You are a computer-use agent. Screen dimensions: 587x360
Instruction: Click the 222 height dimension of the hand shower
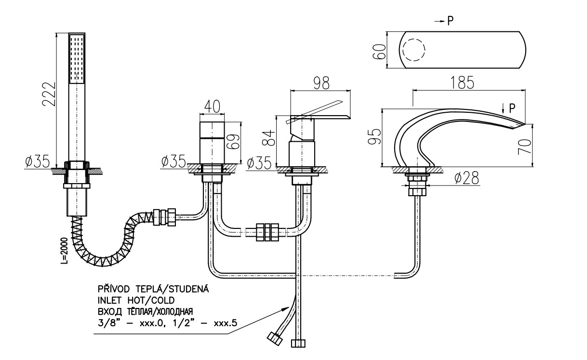coord(49,94)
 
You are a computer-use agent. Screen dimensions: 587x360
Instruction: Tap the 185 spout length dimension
coord(462,83)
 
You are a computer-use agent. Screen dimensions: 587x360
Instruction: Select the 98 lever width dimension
coord(321,83)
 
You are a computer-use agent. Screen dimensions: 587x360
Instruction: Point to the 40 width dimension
coord(212,107)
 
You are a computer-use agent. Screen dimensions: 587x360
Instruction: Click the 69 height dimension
coord(233,142)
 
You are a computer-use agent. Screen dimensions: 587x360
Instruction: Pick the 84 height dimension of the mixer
coord(269,138)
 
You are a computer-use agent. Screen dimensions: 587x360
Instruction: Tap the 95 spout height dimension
coord(374,136)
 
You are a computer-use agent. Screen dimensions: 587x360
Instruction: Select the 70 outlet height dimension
coord(525,147)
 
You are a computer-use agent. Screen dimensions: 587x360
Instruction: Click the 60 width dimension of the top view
coord(379,52)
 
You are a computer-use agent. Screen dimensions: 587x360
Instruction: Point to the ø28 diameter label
coord(467,178)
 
